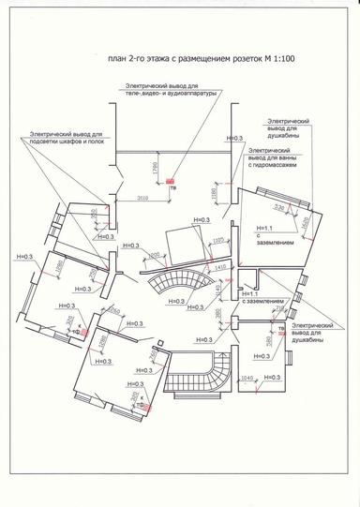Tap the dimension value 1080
(59, 268)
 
